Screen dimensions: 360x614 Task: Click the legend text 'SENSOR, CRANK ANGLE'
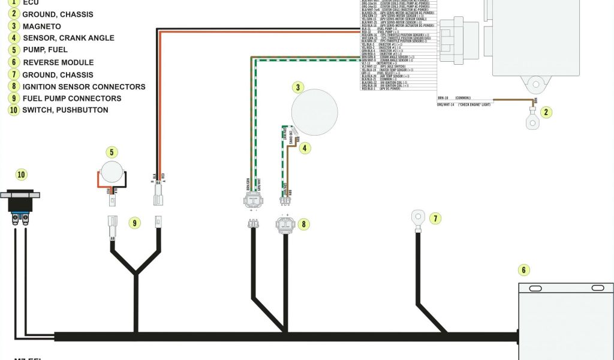click(x=68, y=38)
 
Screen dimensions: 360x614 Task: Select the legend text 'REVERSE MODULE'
click(x=58, y=62)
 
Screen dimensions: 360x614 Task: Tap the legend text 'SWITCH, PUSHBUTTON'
click(x=65, y=110)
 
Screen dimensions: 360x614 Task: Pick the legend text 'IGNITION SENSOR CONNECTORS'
click(x=83, y=86)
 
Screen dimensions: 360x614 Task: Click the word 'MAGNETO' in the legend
click(x=41, y=26)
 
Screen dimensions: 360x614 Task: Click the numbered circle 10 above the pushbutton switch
click(x=22, y=175)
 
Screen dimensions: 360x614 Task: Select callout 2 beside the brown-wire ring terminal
click(x=546, y=112)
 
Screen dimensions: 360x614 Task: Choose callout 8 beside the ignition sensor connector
click(x=304, y=224)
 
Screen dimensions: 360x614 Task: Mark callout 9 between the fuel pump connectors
click(x=135, y=223)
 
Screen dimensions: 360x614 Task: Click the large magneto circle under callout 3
click(x=314, y=112)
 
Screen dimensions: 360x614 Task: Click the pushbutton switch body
click(x=21, y=202)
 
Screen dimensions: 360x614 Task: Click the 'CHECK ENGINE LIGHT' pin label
click(x=461, y=105)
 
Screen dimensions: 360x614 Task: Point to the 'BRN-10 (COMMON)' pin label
click(x=454, y=98)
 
